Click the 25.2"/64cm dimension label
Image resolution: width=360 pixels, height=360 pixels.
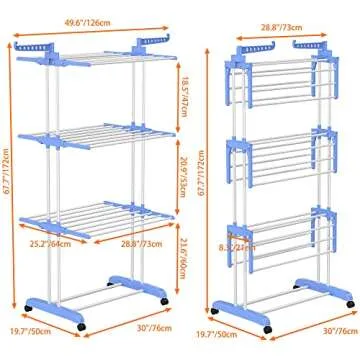47,241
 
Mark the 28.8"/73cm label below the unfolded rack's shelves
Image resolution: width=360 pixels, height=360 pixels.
138,243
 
